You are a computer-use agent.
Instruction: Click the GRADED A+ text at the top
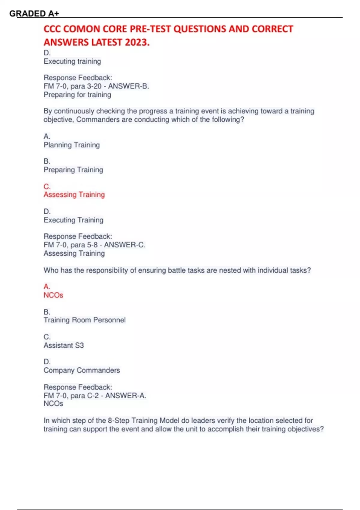(x=34, y=13)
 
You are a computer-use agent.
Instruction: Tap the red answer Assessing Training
(x=74, y=195)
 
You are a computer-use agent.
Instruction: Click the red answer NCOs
(x=53, y=295)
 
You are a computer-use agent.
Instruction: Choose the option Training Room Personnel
(x=85, y=320)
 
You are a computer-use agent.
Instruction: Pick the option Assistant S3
(x=64, y=345)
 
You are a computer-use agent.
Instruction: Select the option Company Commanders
(x=82, y=370)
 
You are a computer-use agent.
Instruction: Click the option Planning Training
(x=72, y=145)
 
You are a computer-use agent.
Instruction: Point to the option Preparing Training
(x=73, y=170)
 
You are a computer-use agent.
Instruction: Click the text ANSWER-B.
(x=128, y=86)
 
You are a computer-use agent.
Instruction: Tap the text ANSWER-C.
(x=124, y=245)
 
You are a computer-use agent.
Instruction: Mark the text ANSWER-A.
(x=125, y=396)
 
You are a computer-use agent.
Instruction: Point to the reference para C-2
(x=84, y=396)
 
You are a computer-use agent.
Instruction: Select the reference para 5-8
(x=84, y=245)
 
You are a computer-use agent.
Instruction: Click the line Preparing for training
(x=77, y=95)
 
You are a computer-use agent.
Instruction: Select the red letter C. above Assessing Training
(x=47, y=187)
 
